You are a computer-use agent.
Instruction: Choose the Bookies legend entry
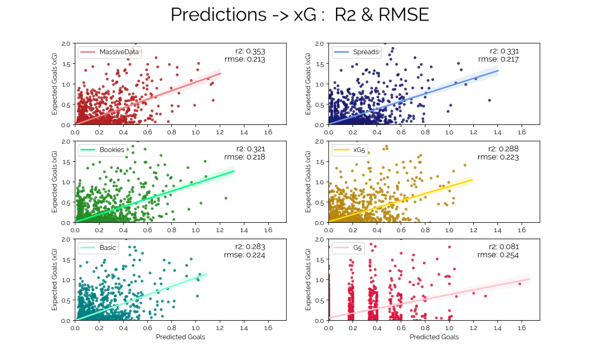[x=111, y=150]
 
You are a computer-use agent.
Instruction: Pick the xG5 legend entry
[x=358, y=150]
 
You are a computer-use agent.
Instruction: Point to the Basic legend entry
[x=108, y=247]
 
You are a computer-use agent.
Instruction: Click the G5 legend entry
[x=357, y=247]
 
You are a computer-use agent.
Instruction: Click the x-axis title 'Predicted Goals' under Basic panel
[x=181, y=337]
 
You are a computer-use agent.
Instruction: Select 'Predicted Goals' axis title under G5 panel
[x=434, y=337]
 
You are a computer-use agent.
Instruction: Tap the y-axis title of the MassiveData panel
[x=55, y=84]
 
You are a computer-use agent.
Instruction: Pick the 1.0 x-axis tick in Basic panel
[x=196, y=328]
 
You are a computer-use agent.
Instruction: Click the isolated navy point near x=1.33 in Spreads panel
[x=489, y=100]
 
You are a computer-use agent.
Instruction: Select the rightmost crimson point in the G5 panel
[x=520, y=284]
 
